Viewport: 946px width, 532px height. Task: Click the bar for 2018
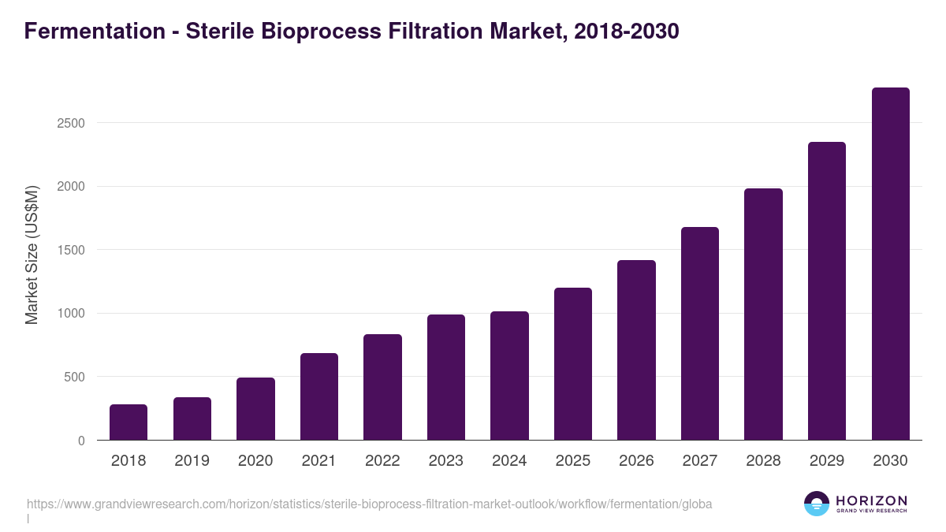click(x=128, y=422)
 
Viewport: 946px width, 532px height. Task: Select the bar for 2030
click(x=890, y=264)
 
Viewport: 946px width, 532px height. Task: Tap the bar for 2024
click(x=509, y=376)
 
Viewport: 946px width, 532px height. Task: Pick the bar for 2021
click(x=319, y=396)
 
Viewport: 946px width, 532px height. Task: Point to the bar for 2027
click(x=700, y=333)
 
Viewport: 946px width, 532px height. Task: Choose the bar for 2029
click(x=827, y=291)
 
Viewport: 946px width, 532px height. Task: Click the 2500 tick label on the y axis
click(x=70, y=123)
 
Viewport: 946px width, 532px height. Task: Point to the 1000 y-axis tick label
click(x=70, y=314)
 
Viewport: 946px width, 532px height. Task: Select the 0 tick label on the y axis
click(x=80, y=441)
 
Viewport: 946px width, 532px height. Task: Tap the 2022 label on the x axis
click(x=382, y=461)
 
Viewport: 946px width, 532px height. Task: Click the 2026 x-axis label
click(x=636, y=461)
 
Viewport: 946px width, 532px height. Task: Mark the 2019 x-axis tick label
click(x=192, y=461)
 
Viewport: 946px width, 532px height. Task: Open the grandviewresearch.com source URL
click(x=369, y=504)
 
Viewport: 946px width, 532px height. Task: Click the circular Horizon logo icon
click(x=817, y=504)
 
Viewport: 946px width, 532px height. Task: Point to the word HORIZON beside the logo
click(x=871, y=500)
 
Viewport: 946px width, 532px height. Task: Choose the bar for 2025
click(x=573, y=364)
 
